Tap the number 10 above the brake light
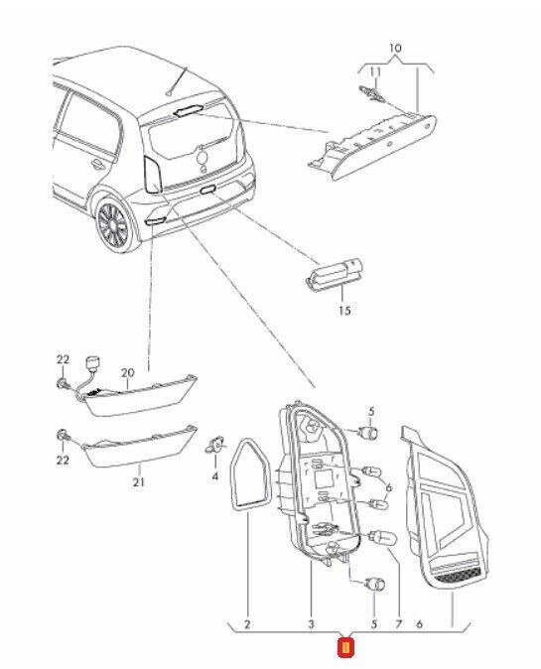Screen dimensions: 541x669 pos(395,48)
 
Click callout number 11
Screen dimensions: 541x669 pos(375,71)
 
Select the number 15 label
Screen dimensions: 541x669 pos(344,310)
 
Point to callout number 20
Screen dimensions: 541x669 pos(128,373)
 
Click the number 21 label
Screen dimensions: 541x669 pos(138,482)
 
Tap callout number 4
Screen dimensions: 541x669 pos(214,475)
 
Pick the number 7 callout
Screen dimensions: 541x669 pos(398,624)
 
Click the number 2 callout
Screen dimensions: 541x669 pos(247,624)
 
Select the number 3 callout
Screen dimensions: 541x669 pos(311,624)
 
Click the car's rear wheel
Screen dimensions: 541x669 pos(113,225)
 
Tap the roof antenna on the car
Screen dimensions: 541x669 pos(177,81)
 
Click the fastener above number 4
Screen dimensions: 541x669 pos(214,445)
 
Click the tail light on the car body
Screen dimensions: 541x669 pos(152,174)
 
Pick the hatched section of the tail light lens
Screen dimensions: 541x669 pos(458,578)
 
